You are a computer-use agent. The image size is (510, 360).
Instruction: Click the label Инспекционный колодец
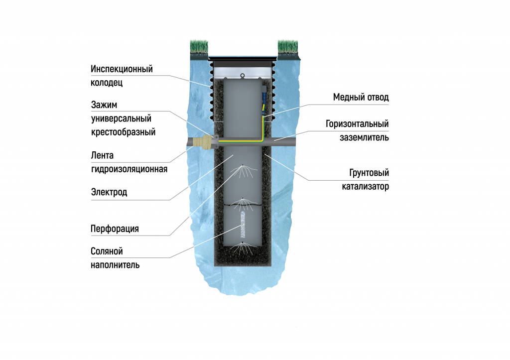pyautogui.click(x=122, y=76)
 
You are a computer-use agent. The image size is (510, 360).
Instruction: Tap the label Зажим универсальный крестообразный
pyautogui.click(x=123, y=119)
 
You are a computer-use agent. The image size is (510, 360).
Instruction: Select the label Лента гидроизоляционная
pyautogui.click(x=129, y=162)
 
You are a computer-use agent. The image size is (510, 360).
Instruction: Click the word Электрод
pyautogui.click(x=109, y=192)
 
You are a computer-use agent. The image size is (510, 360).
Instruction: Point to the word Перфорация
pyautogui.click(x=115, y=229)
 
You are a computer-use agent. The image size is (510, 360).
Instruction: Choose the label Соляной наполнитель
pyautogui.click(x=115, y=258)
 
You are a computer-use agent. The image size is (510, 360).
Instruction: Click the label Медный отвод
pyautogui.click(x=361, y=97)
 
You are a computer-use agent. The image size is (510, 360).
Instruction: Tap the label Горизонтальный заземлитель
pyautogui.click(x=357, y=130)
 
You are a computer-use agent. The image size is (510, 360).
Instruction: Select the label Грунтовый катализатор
pyautogui.click(x=365, y=180)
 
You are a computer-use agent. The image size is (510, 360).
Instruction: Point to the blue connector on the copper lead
pyautogui.click(x=264, y=98)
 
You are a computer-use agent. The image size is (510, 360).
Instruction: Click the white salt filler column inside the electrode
pyautogui.click(x=243, y=225)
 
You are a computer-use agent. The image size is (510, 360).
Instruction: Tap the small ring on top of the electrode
pyautogui.click(x=243, y=76)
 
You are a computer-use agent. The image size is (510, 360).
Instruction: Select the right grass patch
pyautogui.click(x=287, y=47)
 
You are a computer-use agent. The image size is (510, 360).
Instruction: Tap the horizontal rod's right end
pyautogui.click(x=296, y=142)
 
